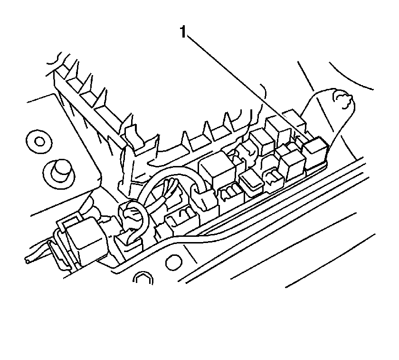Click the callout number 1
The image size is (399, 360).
[183, 32]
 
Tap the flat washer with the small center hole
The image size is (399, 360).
[39, 141]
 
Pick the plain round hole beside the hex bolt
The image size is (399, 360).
[174, 262]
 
